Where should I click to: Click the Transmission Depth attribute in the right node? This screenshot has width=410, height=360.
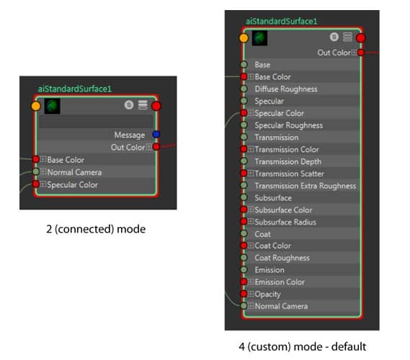[288, 161]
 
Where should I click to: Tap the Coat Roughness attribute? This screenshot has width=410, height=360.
[282, 258]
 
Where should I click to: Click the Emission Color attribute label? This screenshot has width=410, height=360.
[280, 282]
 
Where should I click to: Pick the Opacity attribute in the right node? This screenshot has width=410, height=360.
[267, 294]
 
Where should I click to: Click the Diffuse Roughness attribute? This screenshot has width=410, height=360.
[285, 89]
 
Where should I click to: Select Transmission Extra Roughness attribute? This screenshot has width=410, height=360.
[305, 186]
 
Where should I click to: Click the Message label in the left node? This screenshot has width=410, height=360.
[129, 135]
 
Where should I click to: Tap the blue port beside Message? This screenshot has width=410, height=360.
[156, 135]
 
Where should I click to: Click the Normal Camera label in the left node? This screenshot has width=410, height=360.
[74, 172]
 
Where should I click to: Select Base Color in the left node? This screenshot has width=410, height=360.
[66, 160]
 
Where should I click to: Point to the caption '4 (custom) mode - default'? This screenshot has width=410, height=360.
[303, 346]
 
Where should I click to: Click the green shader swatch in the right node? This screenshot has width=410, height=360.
[259, 37]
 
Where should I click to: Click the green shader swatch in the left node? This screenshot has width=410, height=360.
[53, 107]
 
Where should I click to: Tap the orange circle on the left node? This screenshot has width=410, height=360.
[37, 106]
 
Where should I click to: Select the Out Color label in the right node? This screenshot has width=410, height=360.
[333, 53]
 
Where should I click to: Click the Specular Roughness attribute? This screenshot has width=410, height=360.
[288, 125]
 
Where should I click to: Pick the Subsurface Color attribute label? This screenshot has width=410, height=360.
[283, 210]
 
